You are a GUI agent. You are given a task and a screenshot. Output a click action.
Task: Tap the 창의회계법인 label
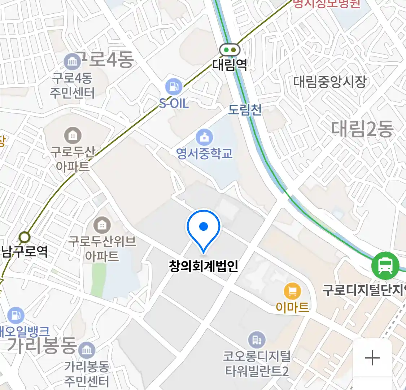(204, 266)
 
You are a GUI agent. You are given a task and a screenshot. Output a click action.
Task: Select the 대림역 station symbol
(230, 50)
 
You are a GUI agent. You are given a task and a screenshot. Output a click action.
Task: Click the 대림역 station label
(230, 65)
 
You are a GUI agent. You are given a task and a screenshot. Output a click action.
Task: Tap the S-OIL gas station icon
(174, 87)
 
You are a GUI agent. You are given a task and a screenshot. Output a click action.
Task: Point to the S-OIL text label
(174, 104)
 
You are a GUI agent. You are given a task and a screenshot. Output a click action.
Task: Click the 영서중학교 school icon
(204, 137)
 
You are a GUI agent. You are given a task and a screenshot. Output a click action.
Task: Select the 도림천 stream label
(245, 110)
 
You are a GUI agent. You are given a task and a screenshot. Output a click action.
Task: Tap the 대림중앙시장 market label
(329, 82)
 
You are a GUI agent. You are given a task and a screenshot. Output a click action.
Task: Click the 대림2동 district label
(362, 129)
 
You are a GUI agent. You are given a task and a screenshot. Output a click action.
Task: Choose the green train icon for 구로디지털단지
(385, 266)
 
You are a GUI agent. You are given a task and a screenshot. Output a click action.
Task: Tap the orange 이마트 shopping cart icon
(292, 291)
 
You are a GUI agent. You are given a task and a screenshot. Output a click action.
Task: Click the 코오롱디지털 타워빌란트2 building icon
(257, 340)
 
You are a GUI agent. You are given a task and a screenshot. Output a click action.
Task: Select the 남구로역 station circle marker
(25, 237)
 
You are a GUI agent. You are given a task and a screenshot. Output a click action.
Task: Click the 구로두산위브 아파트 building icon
(102, 226)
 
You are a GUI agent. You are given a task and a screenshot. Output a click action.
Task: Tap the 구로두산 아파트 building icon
(73, 135)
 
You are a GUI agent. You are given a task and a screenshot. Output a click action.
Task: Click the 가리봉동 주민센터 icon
(87, 350)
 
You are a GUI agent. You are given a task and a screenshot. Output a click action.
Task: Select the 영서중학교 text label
(204, 153)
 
